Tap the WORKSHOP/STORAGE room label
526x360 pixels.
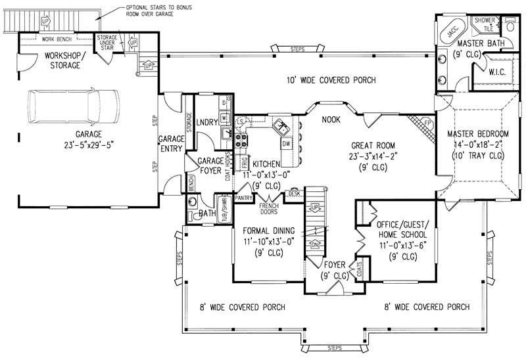point(63,61)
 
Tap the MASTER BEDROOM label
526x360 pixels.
point(479,134)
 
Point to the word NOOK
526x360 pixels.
point(331,120)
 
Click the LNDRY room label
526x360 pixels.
point(208,122)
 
